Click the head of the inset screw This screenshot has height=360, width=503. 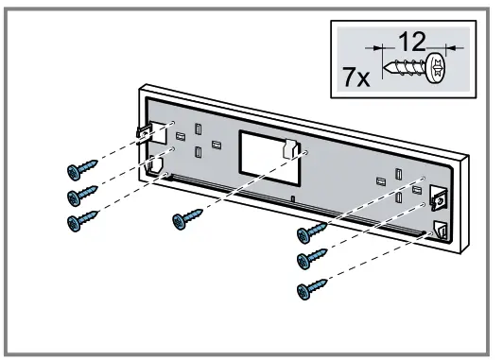437,69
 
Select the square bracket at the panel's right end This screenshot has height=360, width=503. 439,197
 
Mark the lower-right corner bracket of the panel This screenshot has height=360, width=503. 440,230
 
